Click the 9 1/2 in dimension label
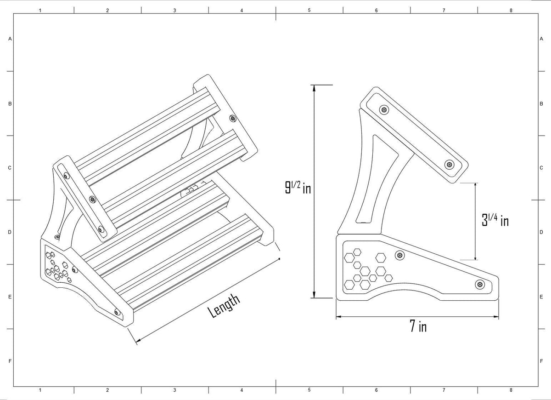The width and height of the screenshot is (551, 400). click(298, 188)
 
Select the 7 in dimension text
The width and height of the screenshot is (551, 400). click(418, 326)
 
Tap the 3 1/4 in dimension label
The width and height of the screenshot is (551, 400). click(495, 220)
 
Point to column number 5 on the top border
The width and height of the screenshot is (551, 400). click(309, 10)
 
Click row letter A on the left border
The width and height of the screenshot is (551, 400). click(10, 39)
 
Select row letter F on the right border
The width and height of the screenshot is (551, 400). click(541, 361)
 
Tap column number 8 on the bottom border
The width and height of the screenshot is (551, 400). click(511, 390)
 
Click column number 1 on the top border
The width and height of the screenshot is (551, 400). click(40, 10)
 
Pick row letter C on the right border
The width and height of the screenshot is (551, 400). click(541, 168)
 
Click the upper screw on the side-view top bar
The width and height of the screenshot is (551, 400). click(384, 109)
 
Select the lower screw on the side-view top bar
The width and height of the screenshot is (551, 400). click(449, 164)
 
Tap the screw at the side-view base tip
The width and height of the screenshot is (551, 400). click(480, 285)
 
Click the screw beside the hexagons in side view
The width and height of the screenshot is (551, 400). click(400, 256)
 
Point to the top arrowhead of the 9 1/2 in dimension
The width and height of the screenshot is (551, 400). click(314, 88)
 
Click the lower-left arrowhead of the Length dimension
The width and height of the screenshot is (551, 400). click(139, 340)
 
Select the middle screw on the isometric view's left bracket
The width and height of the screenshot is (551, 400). click(92, 199)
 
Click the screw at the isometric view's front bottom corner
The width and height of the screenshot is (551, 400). click(118, 312)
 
